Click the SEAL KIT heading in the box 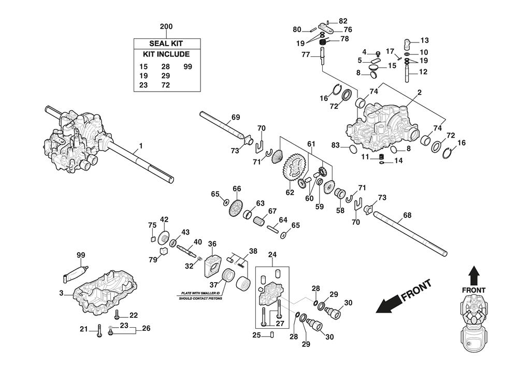[166, 43]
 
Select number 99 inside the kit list [188, 67]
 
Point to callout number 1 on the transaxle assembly [140, 147]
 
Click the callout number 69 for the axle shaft [235, 118]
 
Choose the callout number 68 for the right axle [407, 215]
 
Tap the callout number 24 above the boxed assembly [272, 254]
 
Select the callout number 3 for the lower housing [61, 294]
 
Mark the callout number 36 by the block [212, 243]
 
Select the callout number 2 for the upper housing [419, 93]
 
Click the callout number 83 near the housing [336, 146]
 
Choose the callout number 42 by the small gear [164, 219]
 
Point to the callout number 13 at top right [424, 40]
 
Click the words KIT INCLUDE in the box [166, 54]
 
